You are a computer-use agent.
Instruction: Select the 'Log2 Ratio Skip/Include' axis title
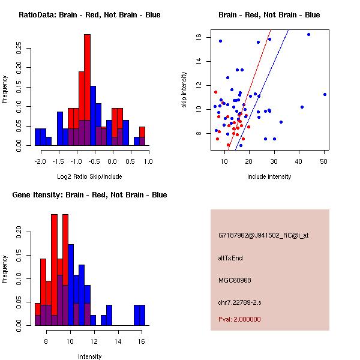coord(89,176)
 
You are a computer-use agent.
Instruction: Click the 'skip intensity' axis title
coord(185,90)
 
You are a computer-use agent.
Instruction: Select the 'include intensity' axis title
coord(269,176)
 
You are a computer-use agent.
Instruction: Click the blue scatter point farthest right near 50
coord(325,94)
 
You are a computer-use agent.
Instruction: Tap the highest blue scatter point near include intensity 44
coord(308,34)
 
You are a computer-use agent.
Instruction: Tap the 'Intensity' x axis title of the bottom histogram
coord(89,356)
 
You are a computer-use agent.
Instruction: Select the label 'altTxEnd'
coord(230,258)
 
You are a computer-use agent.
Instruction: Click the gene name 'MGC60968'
coord(235,280)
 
